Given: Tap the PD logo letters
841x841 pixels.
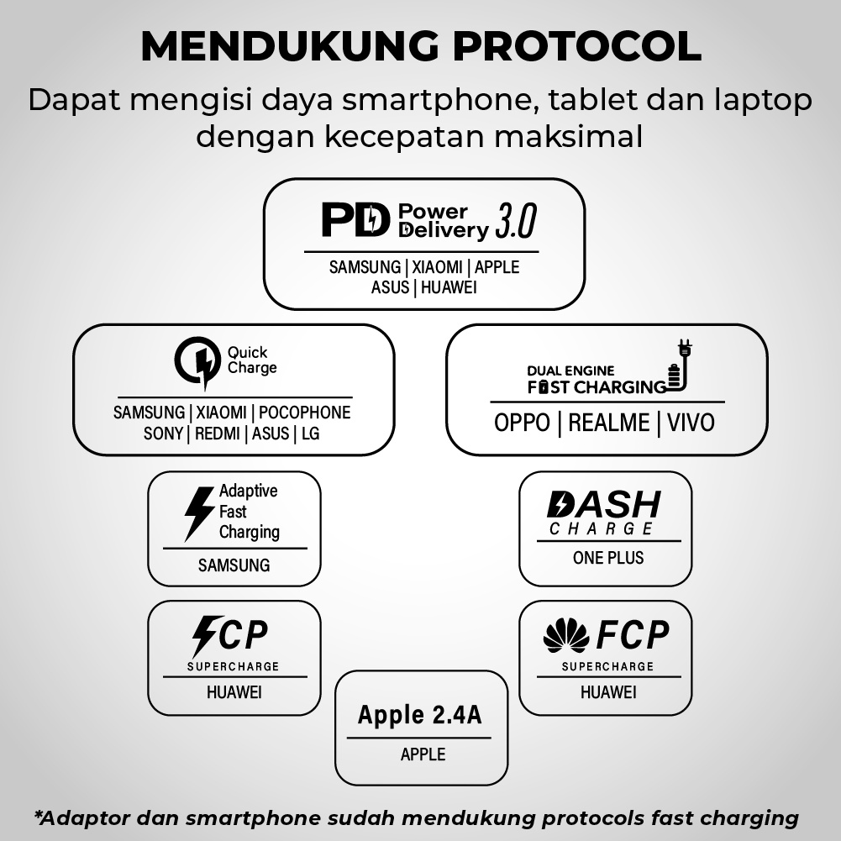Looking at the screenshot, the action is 356,219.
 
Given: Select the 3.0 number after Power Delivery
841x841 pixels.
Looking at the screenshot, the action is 515,221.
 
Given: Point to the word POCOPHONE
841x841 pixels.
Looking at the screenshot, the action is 304,413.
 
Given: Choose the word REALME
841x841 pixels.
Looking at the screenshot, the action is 608,422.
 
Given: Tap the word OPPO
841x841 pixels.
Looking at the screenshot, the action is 522,422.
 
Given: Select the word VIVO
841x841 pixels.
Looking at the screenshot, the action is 691,422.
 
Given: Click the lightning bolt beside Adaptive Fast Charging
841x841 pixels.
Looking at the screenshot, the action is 199,512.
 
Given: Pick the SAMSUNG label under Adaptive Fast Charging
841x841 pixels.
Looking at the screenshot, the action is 234,565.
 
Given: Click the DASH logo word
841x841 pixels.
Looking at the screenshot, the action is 603,505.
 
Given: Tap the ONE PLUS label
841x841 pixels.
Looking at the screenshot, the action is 608,558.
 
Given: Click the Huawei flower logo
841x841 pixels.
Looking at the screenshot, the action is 565,635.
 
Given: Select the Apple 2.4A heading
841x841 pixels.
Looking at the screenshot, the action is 420,715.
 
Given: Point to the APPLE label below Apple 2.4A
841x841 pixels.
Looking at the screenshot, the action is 423,754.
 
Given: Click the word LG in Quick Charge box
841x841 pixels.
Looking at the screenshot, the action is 310,434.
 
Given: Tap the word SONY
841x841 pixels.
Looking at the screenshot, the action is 163,434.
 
